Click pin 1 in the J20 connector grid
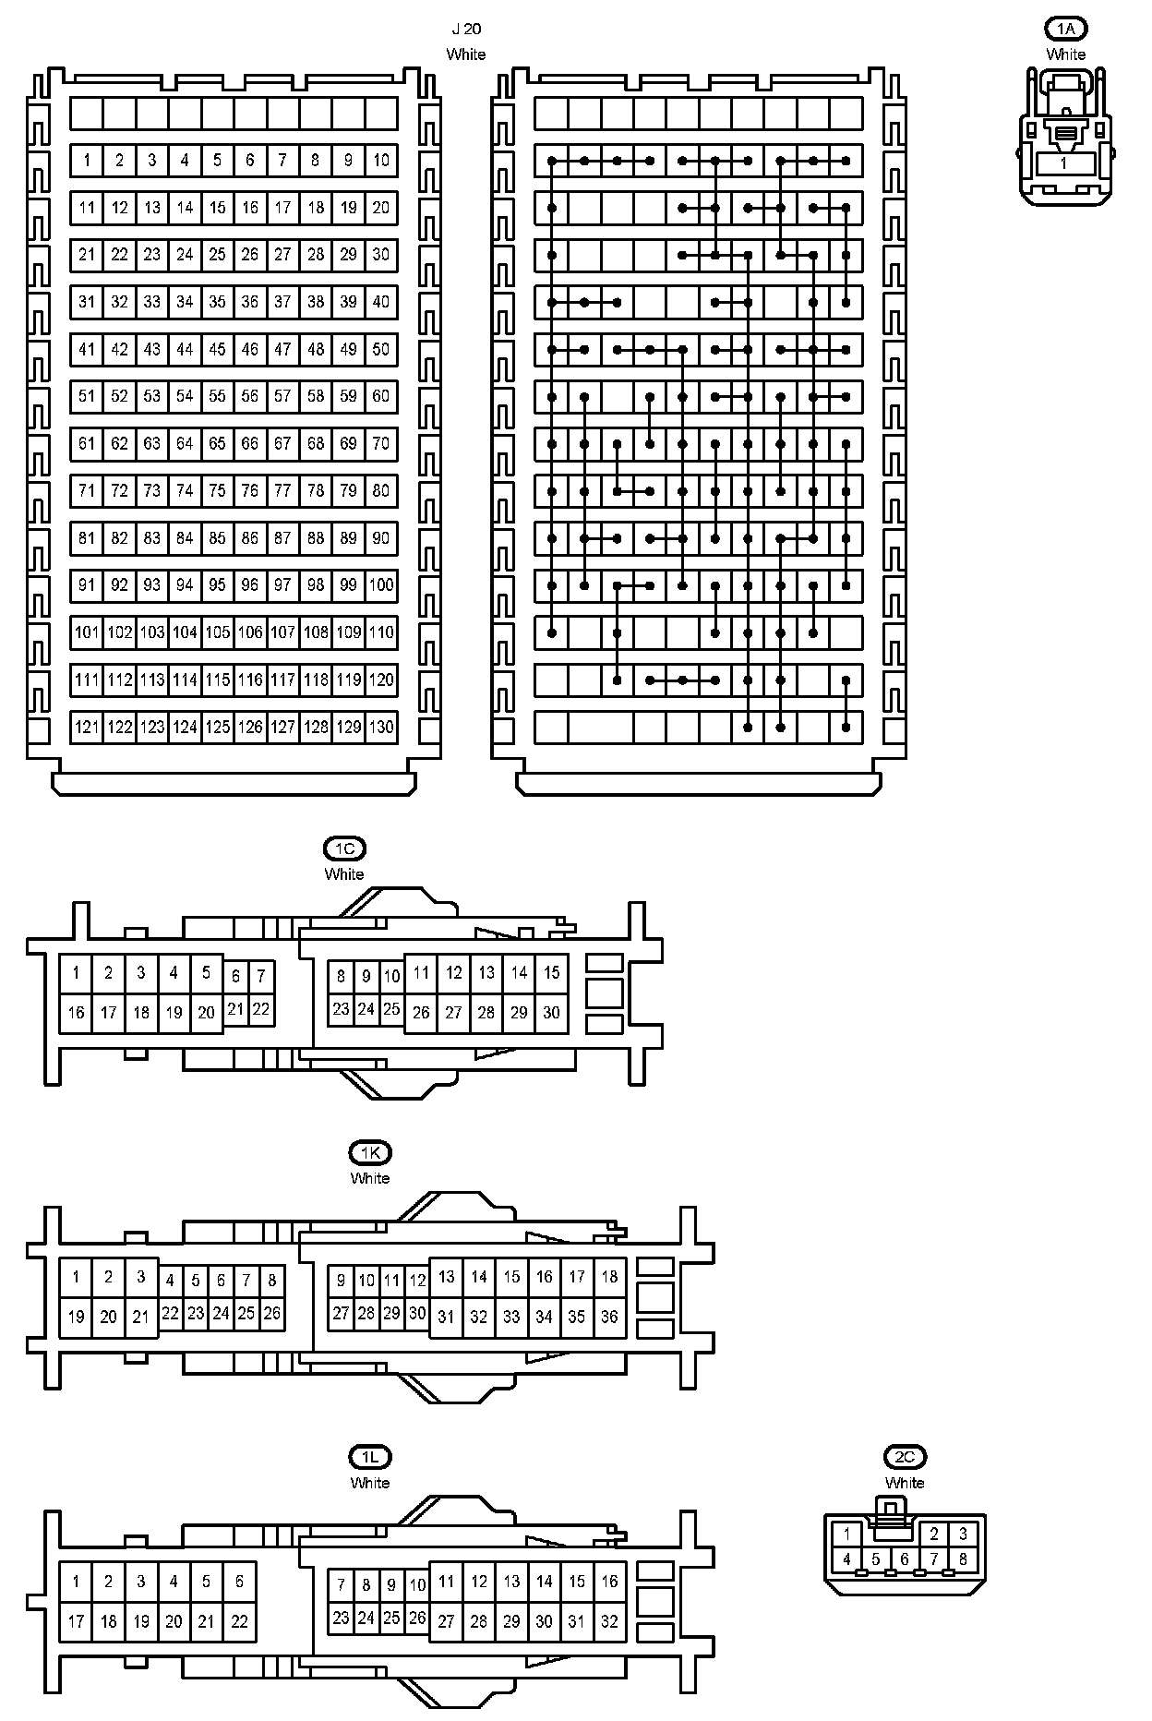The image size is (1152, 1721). click(87, 161)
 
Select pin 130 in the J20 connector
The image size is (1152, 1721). click(381, 728)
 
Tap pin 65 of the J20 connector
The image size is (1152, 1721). click(217, 444)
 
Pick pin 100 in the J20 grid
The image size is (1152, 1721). click(381, 585)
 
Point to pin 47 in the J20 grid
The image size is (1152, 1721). click(282, 350)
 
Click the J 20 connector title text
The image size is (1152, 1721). click(466, 30)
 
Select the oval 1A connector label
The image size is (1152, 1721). click(1065, 30)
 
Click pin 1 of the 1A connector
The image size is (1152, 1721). click(1063, 163)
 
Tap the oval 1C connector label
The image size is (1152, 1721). click(344, 848)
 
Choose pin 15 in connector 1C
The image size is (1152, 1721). click(551, 972)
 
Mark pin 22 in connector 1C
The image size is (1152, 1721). click(261, 1010)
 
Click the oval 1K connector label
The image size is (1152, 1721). click(370, 1153)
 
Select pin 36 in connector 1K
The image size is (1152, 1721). click(609, 1318)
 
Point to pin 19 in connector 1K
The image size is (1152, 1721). click(76, 1318)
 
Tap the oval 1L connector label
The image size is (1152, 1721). click(370, 1458)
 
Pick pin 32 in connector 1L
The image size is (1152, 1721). click(609, 1622)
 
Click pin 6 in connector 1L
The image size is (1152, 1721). click(239, 1582)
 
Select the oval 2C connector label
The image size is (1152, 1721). click(905, 1458)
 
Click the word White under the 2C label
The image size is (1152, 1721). click(905, 1483)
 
